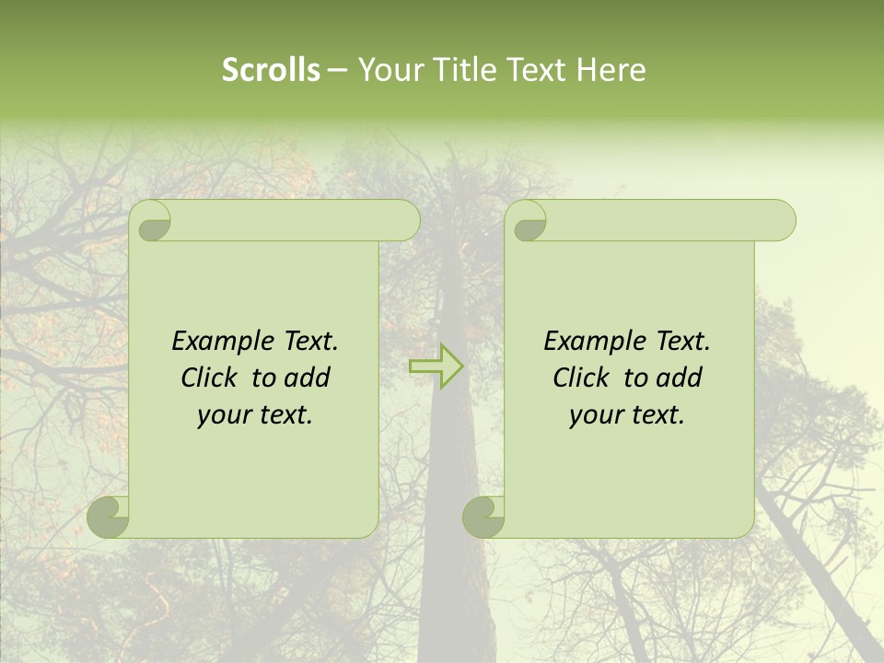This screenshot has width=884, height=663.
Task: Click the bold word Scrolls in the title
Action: pyautogui.click(x=271, y=69)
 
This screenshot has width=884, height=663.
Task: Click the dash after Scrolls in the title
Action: pyautogui.click(x=337, y=70)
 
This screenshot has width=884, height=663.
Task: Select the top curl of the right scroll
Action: pyautogui.click(x=529, y=222)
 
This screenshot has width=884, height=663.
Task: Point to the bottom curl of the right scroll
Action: pyautogui.click(x=484, y=518)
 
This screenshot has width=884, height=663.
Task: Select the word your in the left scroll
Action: pyautogui.click(x=225, y=416)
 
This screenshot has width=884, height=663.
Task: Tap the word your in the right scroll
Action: pyautogui.click(x=597, y=416)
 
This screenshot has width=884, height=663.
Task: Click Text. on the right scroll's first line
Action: pyautogui.click(x=682, y=342)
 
